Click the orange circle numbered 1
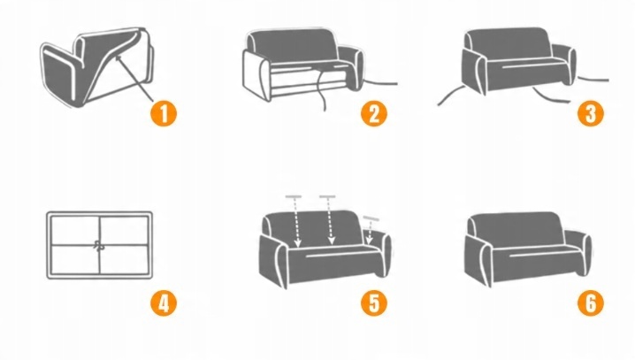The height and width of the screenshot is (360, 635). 164,113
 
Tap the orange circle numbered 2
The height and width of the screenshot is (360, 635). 374,113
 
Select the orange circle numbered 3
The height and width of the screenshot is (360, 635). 591,113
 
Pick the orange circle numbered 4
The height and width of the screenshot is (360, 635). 164,303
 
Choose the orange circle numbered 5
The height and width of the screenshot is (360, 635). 374,303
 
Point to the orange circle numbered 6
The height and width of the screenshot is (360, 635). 591,303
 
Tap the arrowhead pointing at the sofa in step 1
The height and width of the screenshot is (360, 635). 119,59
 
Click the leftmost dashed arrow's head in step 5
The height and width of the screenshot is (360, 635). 298,243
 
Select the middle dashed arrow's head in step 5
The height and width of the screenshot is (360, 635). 332,241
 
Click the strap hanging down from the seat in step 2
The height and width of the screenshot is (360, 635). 320,89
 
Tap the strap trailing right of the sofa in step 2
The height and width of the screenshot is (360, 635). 380,83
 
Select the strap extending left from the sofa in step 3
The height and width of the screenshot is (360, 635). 450,96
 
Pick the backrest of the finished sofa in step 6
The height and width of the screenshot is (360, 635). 515,229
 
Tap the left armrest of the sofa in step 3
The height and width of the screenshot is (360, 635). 473,70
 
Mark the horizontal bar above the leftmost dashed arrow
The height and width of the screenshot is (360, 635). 294,196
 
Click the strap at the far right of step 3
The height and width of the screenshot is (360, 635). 593,79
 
